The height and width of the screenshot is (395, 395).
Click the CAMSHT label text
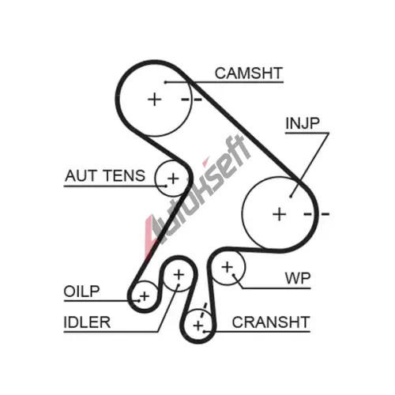pos(249,73)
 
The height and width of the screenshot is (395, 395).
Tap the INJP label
pos(303,123)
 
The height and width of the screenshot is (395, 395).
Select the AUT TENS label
pos(105,175)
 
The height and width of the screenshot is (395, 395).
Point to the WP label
pos(298,278)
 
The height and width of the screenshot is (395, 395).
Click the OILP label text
pos(81,292)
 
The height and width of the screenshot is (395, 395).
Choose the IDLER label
pos(87,322)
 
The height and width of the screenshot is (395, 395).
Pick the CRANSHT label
pos(271,322)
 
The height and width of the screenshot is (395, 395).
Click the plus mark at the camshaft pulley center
pos(155,100)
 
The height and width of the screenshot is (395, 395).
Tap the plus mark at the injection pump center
pos(280,214)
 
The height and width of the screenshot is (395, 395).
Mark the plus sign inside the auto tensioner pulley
pos(173,179)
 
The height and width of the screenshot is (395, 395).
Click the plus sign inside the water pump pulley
pos(228,268)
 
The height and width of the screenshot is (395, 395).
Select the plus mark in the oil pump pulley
pos(145,296)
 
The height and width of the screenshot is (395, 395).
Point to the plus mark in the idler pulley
pos(179,275)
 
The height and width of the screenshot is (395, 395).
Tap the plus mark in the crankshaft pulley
pos(198,326)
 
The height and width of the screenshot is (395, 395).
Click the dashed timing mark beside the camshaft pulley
pos(192,100)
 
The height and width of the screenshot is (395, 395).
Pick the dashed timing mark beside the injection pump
pos(317,214)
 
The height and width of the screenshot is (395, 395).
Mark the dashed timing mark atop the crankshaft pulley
pos(203,311)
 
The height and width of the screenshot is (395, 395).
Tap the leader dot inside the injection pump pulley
pos(291,197)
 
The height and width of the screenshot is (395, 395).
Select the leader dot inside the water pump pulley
pos(234,276)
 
